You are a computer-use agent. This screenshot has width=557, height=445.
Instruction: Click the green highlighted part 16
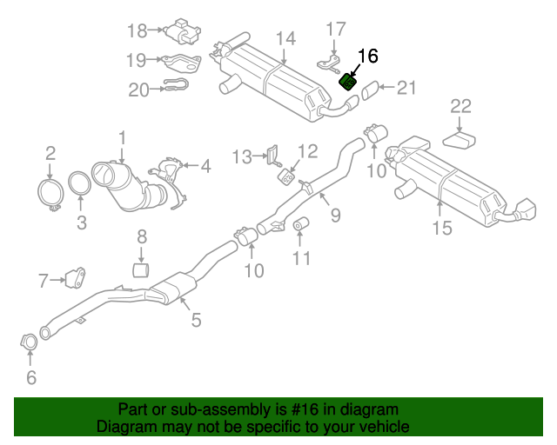[346, 82]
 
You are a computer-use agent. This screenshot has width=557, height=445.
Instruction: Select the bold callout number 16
[367, 56]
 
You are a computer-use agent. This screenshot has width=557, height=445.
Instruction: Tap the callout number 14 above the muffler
[286, 39]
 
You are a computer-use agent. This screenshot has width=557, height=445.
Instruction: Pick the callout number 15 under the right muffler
[442, 228]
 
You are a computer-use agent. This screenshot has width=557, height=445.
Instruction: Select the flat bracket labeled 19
[182, 62]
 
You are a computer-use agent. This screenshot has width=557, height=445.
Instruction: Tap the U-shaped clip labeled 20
[177, 87]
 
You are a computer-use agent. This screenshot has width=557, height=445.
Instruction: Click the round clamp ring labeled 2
[50, 194]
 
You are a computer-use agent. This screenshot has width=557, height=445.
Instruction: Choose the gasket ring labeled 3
[80, 187]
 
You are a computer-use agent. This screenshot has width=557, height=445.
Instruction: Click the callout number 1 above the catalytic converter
[123, 136]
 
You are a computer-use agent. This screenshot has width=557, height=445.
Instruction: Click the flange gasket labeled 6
[29, 342]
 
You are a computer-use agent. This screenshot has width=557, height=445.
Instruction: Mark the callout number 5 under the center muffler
[196, 320]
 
